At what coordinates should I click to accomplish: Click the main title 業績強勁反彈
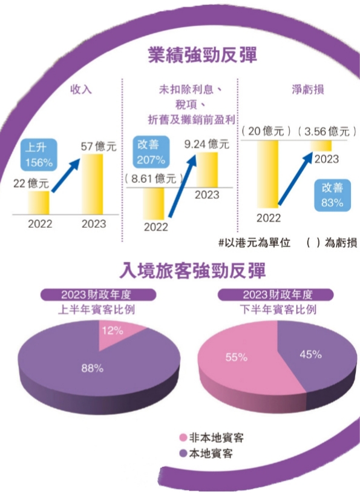(202, 55)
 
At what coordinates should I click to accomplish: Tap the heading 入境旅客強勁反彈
(193, 270)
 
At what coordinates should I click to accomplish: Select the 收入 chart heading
(81, 90)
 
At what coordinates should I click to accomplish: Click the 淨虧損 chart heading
(307, 90)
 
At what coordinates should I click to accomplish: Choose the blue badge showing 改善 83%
(332, 196)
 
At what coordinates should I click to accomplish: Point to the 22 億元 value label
(30, 183)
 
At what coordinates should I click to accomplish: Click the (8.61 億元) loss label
(153, 179)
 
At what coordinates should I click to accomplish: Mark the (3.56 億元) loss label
(327, 131)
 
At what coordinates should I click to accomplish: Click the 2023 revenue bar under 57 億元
(93, 184)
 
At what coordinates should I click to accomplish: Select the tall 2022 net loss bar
(267, 174)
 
